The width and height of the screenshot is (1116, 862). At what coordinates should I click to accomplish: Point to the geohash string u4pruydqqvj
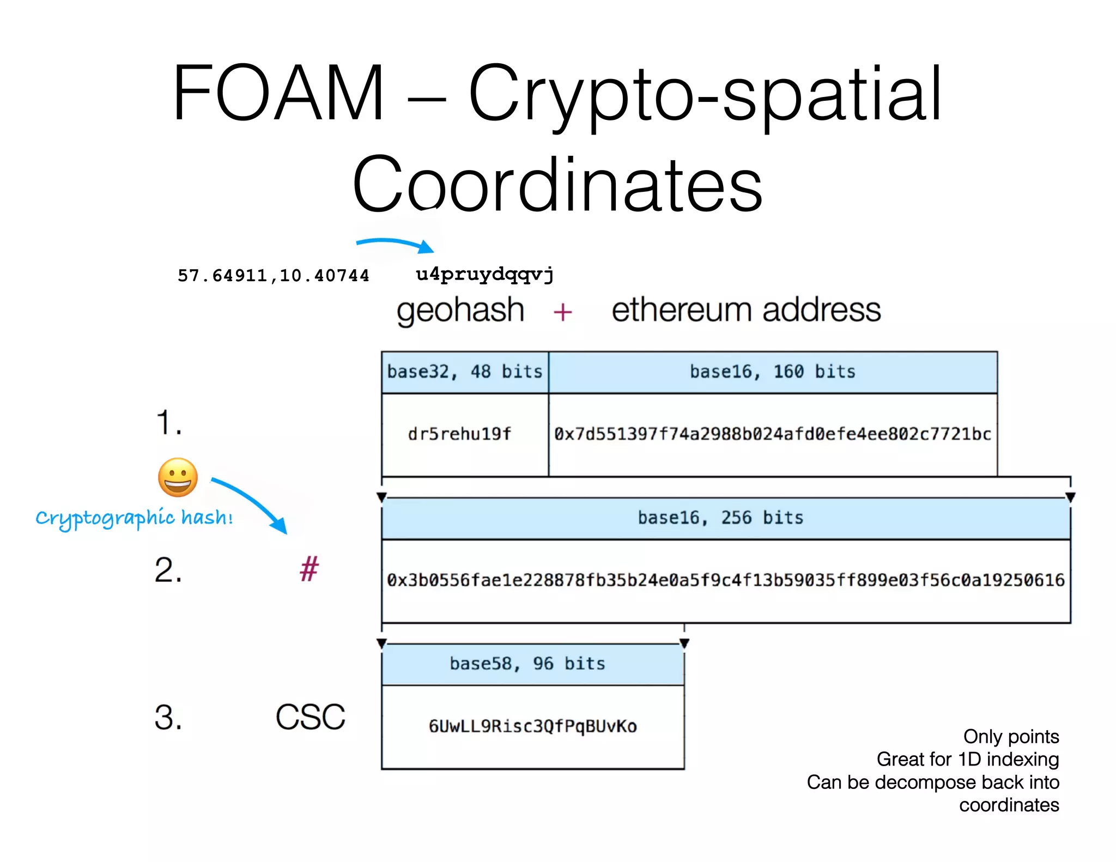(x=484, y=274)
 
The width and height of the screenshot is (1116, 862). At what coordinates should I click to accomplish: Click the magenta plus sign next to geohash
(x=562, y=312)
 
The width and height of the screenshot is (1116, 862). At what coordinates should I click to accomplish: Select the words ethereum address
(x=746, y=310)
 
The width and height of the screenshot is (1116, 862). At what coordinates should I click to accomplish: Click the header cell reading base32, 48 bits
(x=465, y=372)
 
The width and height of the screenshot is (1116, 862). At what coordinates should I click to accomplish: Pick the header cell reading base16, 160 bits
(x=773, y=372)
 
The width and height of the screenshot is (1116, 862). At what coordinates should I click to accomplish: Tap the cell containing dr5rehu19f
(x=459, y=434)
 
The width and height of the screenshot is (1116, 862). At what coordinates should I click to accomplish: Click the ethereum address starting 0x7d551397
(x=773, y=434)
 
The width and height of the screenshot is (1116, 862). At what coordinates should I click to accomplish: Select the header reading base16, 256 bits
(x=720, y=518)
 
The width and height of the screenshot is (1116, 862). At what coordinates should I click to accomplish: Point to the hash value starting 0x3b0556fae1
(x=725, y=580)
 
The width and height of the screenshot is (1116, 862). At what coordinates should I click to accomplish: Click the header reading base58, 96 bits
(x=527, y=664)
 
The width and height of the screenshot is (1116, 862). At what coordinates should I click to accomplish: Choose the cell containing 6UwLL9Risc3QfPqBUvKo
(x=532, y=726)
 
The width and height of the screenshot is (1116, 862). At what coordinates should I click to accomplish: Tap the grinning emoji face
(x=178, y=477)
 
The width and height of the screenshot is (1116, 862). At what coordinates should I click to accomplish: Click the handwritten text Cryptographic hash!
(x=134, y=518)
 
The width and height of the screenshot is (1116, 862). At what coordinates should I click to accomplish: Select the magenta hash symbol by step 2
(x=309, y=569)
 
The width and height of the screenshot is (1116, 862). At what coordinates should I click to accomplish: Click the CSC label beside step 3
(x=310, y=717)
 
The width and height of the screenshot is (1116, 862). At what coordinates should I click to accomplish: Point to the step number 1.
(x=168, y=423)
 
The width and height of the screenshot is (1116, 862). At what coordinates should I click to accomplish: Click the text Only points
(x=1011, y=737)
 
